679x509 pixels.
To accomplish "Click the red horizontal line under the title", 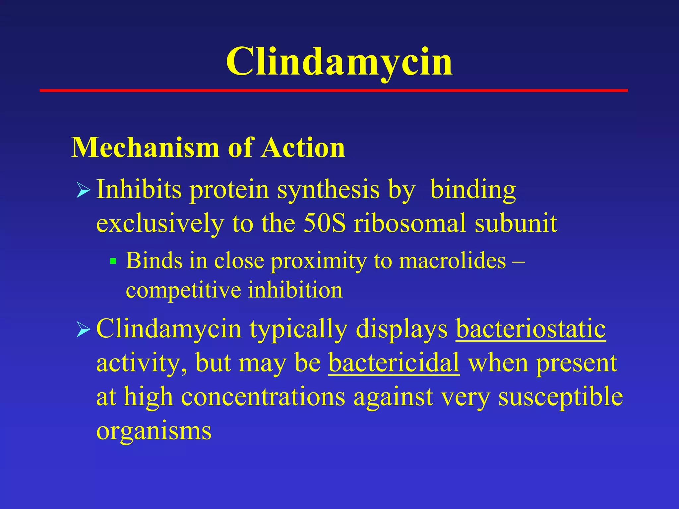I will click(333, 90).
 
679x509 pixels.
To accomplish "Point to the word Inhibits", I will click(139, 190).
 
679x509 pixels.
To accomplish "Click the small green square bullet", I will click(113, 261).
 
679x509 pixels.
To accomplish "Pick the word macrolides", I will click(452, 261).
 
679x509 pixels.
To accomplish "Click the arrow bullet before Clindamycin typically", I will click(83, 330).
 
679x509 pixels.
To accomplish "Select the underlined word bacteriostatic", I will click(531, 329).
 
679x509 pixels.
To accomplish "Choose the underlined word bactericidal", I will click(394, 363).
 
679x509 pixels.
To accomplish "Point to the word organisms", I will click(154, 431).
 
